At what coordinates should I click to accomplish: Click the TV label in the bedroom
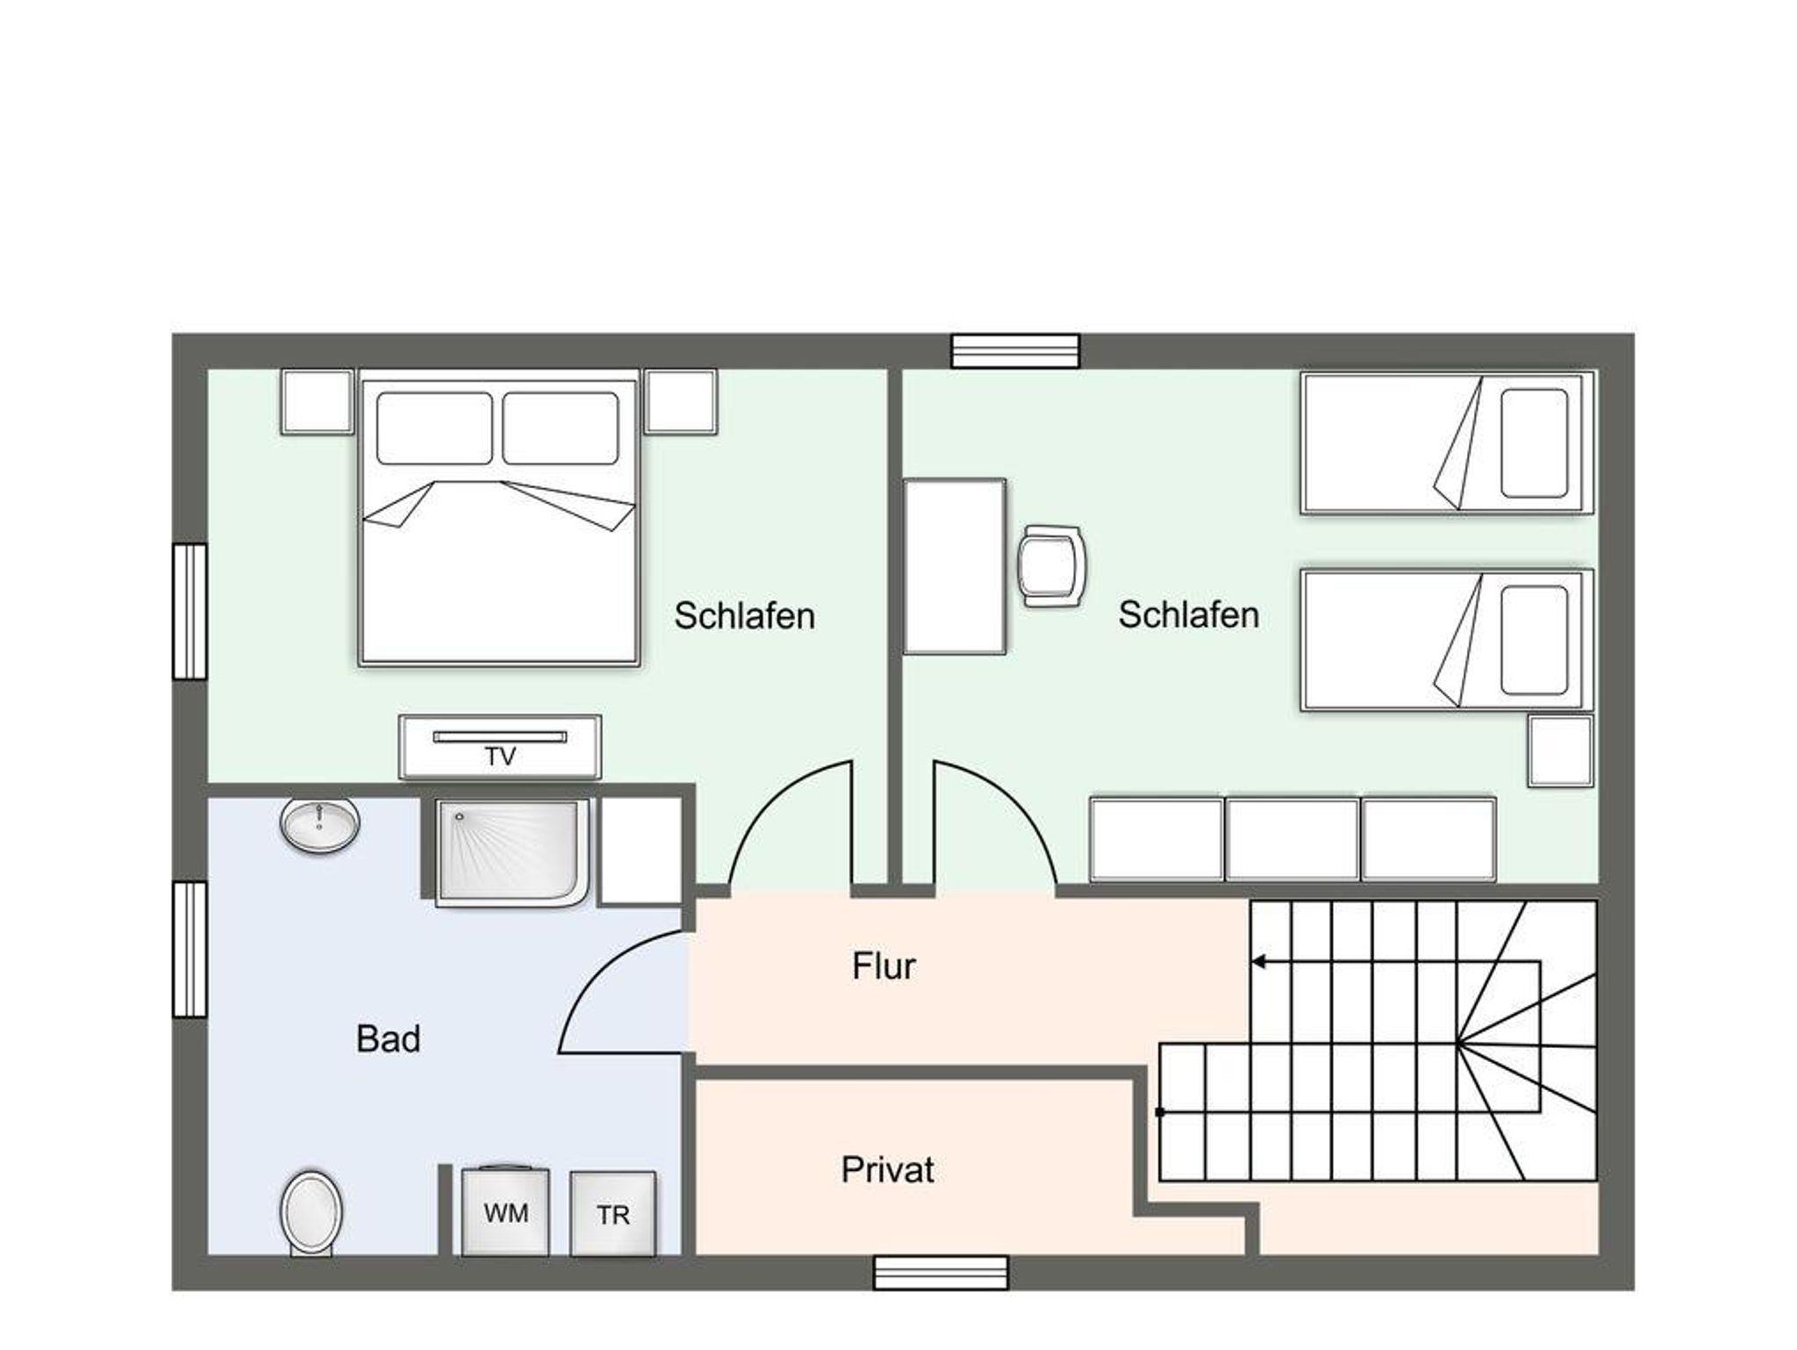tap(500, 756)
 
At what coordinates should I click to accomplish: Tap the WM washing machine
tap(505, 1211)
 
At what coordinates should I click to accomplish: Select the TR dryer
tap(612, 1213)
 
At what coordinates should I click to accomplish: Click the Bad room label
tap(388, 1038)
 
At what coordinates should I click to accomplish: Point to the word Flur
tap(884, 966)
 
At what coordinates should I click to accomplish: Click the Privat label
tap(887, 1169)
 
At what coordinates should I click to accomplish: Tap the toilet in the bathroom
tap(311, 1212)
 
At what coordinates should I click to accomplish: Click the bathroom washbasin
tap(319, 823)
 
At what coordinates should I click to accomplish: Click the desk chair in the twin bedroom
tap(1051, 565)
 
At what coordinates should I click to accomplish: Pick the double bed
tap(498, 518)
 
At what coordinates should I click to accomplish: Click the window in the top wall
tap(1015, 351)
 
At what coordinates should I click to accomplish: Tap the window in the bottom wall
tap(941, 1273)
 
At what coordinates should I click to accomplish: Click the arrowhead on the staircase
tap(1258, 962)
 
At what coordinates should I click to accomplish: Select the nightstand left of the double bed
tap(317, 401)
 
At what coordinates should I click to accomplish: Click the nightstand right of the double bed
tap(680, 401)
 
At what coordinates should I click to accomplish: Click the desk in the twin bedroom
tap(954, 566)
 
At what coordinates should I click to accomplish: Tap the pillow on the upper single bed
tap(1534, 443)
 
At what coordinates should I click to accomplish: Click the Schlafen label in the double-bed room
tap(744, 615)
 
